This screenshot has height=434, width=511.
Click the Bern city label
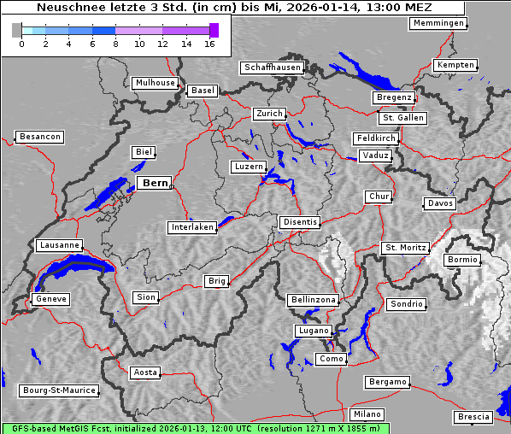155,183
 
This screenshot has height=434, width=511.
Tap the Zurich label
269,114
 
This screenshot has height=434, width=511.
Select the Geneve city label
50,299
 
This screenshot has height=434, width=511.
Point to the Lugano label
312,331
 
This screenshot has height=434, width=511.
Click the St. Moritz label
405,248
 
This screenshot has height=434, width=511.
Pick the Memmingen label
438,23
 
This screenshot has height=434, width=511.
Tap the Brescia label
473,417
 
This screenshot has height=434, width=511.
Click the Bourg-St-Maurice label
58,390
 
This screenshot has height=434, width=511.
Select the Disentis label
299,222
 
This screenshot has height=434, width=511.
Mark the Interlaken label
192,227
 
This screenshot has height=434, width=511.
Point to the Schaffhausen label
272,67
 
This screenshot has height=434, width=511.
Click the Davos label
440,203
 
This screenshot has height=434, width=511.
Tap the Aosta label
145,372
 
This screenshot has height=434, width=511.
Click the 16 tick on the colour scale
209,44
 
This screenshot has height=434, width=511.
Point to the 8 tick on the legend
115,44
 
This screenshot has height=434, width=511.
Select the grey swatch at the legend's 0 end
16,31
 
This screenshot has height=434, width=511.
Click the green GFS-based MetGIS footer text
195,428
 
